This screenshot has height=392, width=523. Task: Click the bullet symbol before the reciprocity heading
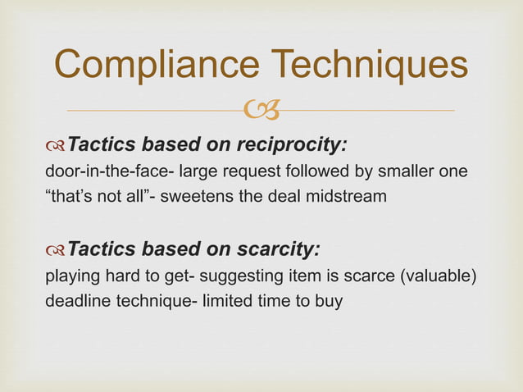coord(55,146)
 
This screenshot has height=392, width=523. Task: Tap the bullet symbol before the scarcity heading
coord(55,248)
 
